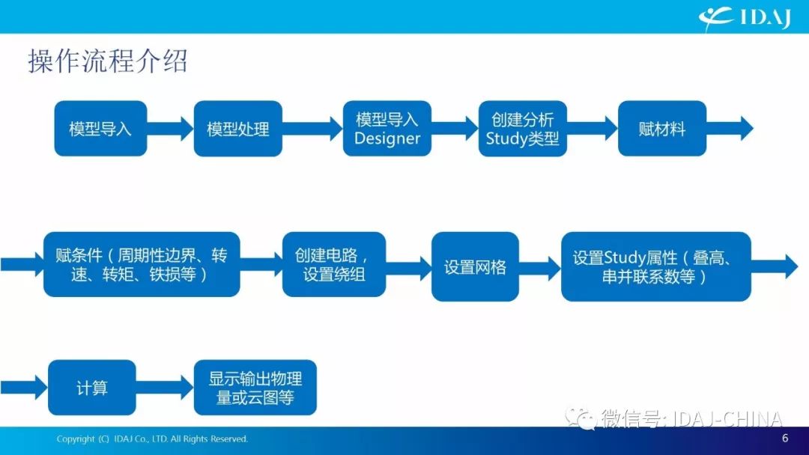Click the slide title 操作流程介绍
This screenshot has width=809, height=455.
pos(108,62)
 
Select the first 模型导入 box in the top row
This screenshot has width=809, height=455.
pos(100,128)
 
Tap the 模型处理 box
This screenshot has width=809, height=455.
pos(238,128)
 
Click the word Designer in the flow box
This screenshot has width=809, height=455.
pos(387,138)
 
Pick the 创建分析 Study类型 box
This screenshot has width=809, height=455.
pos(523,128)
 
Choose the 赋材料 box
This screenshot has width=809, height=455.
pos(662,128)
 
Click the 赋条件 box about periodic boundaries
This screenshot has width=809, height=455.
pos(142,264)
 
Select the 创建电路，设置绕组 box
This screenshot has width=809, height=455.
pos(334,264)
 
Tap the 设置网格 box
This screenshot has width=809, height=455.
pos(475,266)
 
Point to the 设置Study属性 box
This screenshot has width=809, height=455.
pos(655,266)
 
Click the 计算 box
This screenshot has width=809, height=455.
pos(92,388)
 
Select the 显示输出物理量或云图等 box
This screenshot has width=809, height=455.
pos(255,388)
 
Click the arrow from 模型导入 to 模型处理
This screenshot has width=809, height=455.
pos(170,128)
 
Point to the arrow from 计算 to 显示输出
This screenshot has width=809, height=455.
pos(165,388)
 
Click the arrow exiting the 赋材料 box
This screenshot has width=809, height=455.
pos(730,128)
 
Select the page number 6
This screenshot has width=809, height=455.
pos(785,438)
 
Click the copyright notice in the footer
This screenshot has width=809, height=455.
pos(152,439)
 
